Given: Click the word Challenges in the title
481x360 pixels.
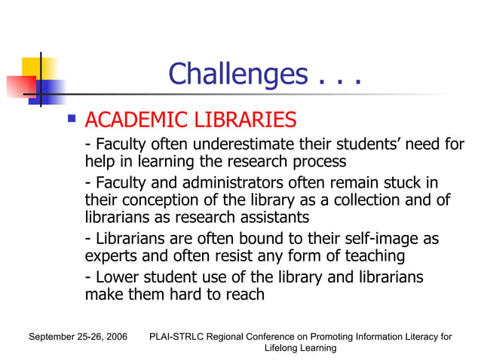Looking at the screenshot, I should [x=237, y=75].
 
